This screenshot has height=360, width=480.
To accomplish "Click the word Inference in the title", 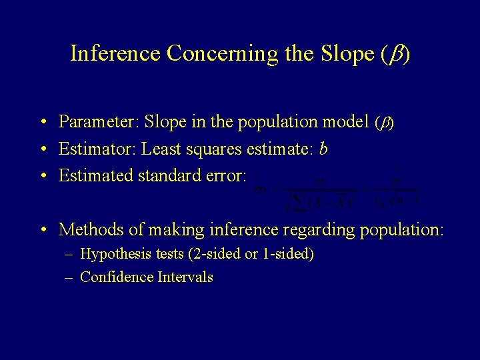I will point(115,53).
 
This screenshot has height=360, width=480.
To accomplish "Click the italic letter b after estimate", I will point(323,149).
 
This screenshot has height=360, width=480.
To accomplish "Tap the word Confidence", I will point(116,277).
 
